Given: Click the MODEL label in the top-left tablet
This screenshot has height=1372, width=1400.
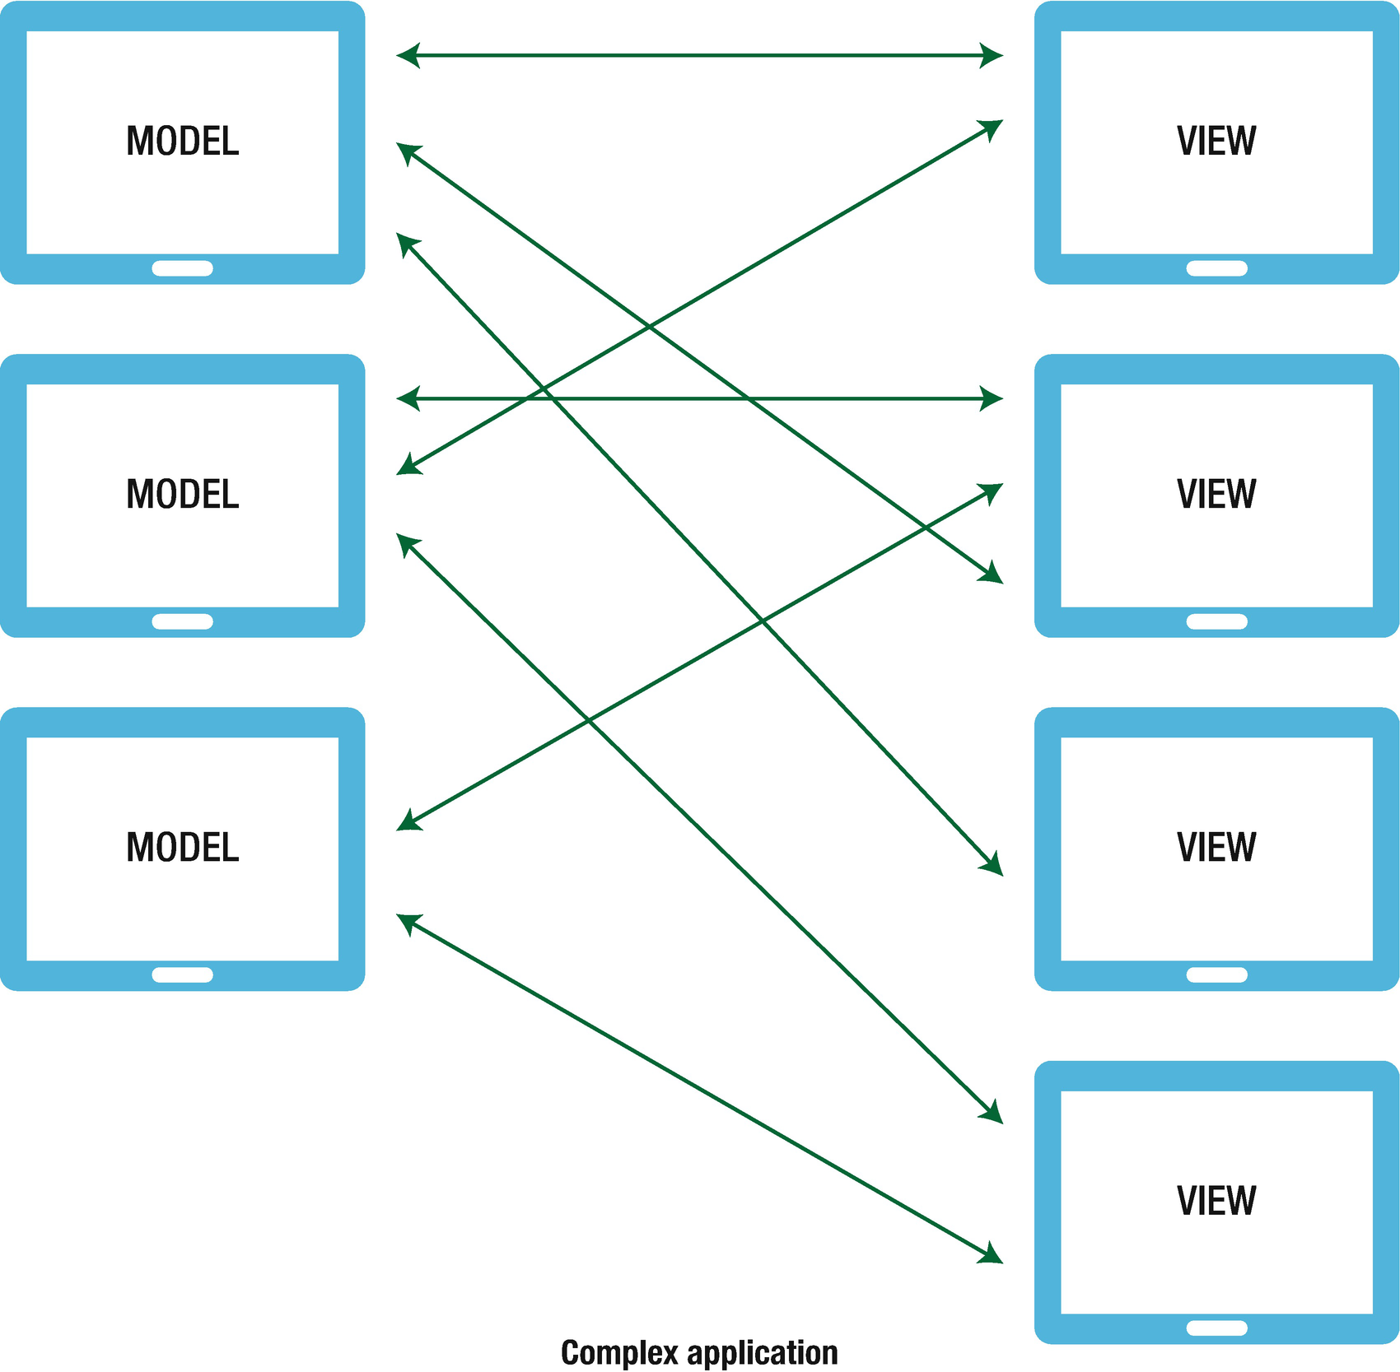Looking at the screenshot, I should (182, 141).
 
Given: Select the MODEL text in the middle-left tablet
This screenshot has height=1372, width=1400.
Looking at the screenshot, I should (182, 494).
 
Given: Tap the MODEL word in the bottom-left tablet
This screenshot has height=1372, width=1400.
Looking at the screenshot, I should (182, 847).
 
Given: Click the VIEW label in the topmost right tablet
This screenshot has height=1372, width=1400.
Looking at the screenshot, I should (1216, 141).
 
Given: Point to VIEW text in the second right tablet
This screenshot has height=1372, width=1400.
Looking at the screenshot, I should (1216, 494).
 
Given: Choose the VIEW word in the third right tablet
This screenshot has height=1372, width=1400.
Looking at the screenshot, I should (1216, 847).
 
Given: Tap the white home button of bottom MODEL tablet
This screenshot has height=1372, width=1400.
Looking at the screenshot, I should (182, 974).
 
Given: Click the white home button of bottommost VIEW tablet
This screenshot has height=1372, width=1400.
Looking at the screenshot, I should (1216, 1328).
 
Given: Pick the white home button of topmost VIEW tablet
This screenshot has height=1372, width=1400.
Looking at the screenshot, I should (1216, 268).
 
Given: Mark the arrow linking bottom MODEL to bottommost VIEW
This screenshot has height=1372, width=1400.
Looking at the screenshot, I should (700, 1088).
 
